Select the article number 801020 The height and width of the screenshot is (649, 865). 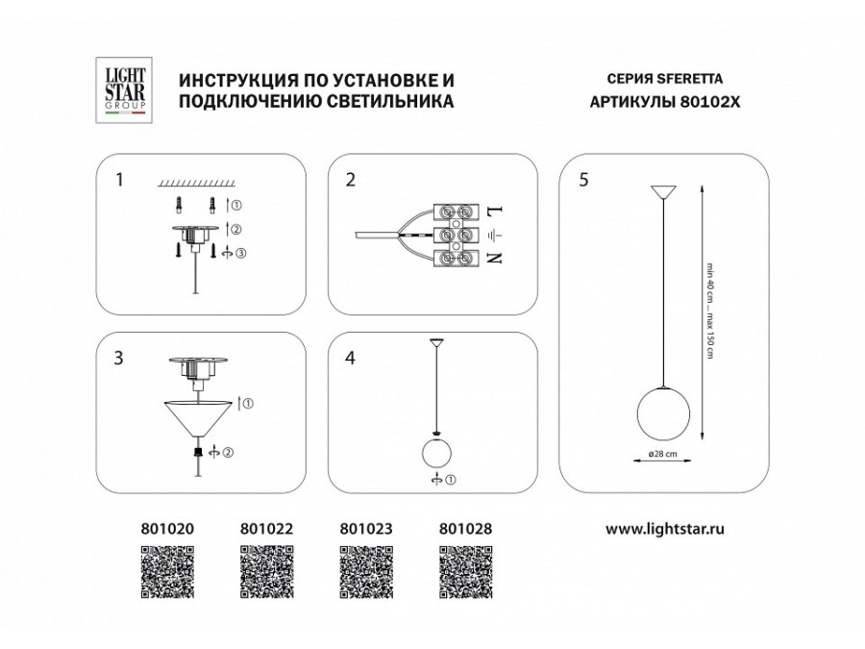point(167,528)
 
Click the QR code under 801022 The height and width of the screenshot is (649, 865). point(265,573)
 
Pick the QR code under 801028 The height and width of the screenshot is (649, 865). point(466,573)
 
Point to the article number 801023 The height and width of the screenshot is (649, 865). point(365,528)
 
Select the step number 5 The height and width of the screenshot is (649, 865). point(585,180)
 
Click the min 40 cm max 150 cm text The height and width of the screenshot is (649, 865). point(711,312)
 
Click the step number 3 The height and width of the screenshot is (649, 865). point(118,358)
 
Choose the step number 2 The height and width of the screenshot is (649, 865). point(351,180)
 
